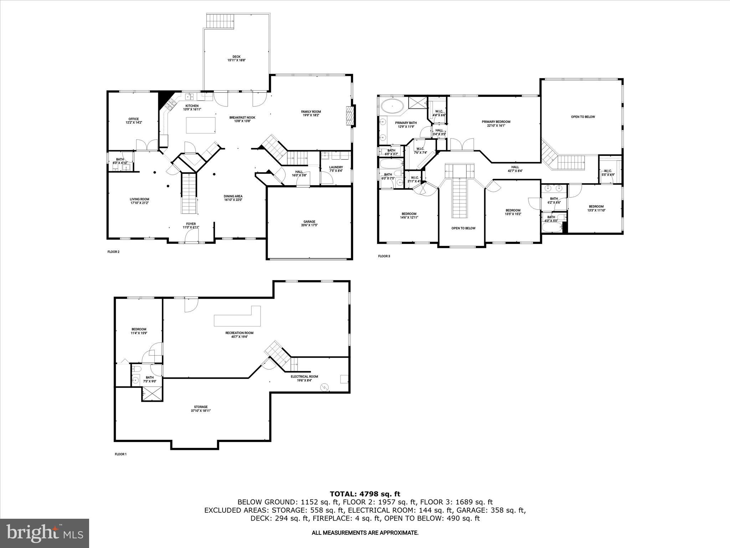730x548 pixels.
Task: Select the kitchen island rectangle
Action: click(201, 125)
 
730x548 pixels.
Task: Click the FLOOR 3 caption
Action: click(384, 256)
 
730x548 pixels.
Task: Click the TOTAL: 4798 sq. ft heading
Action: click(365, 494)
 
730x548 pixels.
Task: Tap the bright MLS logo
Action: click(45, 533)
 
